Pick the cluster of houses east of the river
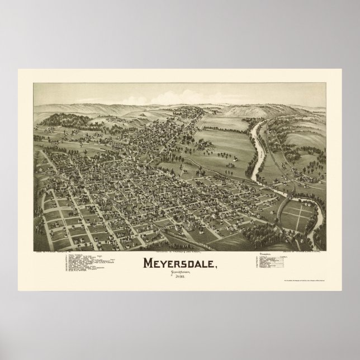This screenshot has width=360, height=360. pos(305,179)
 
